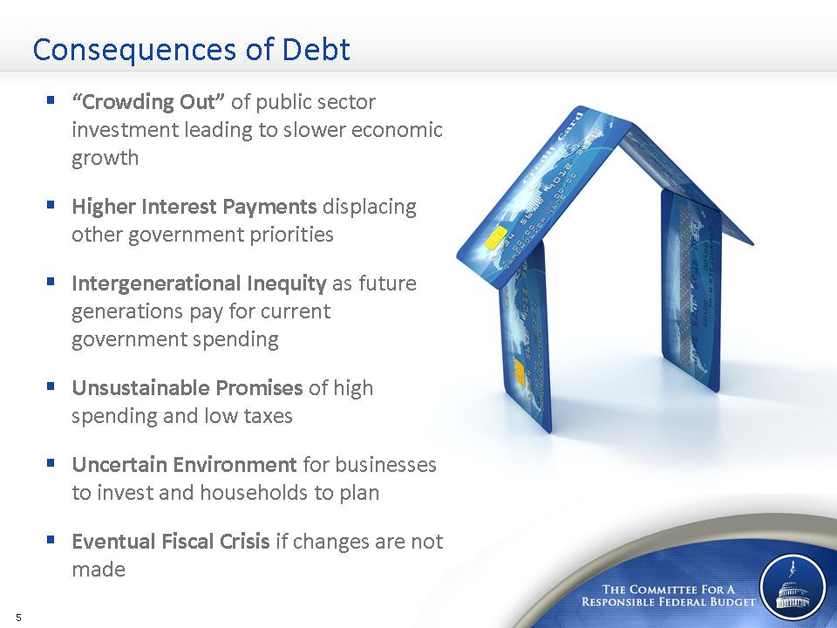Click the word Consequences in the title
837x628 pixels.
coord(134,51)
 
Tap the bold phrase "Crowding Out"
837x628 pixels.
coord(148,101)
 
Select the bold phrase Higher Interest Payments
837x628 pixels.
coord(194,207)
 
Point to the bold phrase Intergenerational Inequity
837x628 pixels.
coord(199,283)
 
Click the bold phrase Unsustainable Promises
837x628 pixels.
coord(187,387)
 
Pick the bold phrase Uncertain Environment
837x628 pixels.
coord(184,465)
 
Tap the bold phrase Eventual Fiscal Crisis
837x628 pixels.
coord(171,542)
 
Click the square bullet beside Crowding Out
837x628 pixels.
coord(51,99)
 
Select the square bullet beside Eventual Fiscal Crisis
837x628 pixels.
coord(51,539)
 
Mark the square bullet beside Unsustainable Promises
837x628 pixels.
coord(51,386)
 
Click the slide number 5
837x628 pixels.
coord(19,618)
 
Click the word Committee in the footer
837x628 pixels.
coord(662,590)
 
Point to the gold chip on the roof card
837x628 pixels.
coord(496,237)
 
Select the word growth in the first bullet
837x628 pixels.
coord(105,159)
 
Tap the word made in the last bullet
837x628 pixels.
coord(99,570)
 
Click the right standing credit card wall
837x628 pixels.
coord(691,291)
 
